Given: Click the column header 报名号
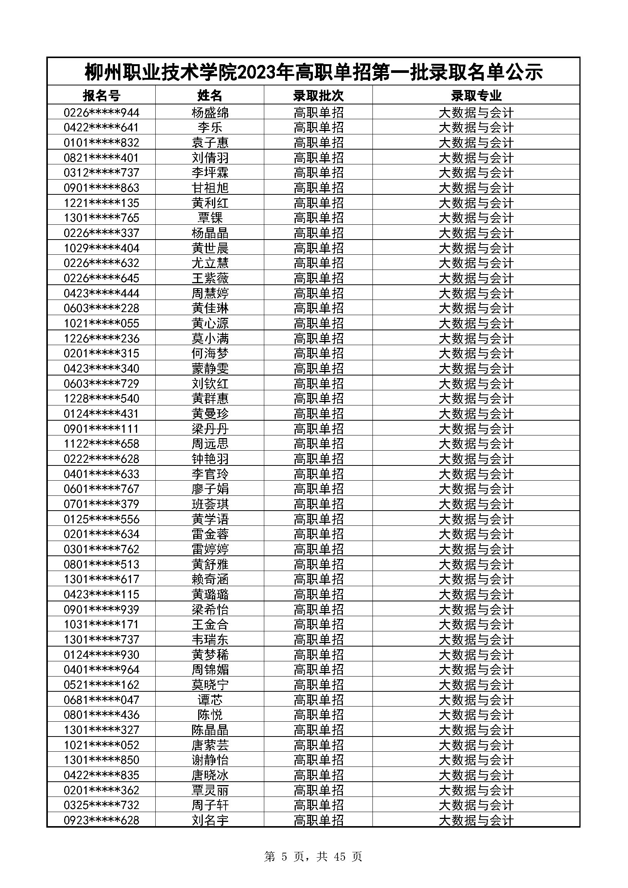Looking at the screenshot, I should pyautogui.click(x=101, y=95).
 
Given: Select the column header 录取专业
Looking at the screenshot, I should pyautogui.click(x=476, y=95).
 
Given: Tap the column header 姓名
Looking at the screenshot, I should pyautogui.click(x=210, y=95).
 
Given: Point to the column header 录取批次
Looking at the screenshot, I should pyautogui.click(x=318, y=95).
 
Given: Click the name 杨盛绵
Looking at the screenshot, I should pyautogui.click(x=210, y=112).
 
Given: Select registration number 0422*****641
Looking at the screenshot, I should pyautogui.click(x=101, y=128).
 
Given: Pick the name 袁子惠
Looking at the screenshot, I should pyautogui.click(x=210, y=143).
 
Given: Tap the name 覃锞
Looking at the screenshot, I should pyautogui.click(x=210, y=218).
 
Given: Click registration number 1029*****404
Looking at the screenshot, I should pyautogui.click(x=101, y=248).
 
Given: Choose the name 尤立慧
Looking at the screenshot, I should pyautogui.click(x=210, y=263).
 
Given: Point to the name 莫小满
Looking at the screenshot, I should pyautogui.click(x=210, y=338).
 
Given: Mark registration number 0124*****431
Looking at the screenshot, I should pyautogui.click(x=101, y=413).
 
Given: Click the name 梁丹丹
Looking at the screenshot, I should pyautogui.click(x=210, y=429).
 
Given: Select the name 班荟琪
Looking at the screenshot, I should pyautogui.click(x=210, y=504).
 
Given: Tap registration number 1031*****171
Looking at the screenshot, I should pyautogui.click(x=101, y=624).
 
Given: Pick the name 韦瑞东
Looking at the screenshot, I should pyautogui.click(x=210, y=639).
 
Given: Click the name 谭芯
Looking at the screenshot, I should pyautogui.click(x=210, y=700).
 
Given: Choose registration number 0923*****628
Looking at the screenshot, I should pyautogui.click(x=101, y=820).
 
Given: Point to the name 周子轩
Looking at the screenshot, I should pyautogui.click(x=210, y=805).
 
